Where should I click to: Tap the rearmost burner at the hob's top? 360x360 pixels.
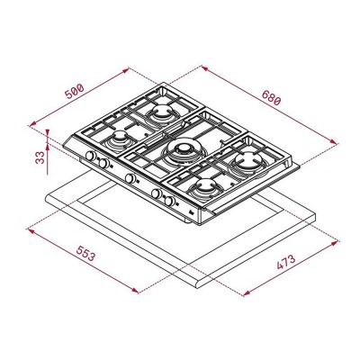click(x=163, y=112)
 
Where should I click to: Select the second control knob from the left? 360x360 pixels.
click(x=104, y=165)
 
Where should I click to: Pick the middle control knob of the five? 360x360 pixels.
click(x=130, y=178)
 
